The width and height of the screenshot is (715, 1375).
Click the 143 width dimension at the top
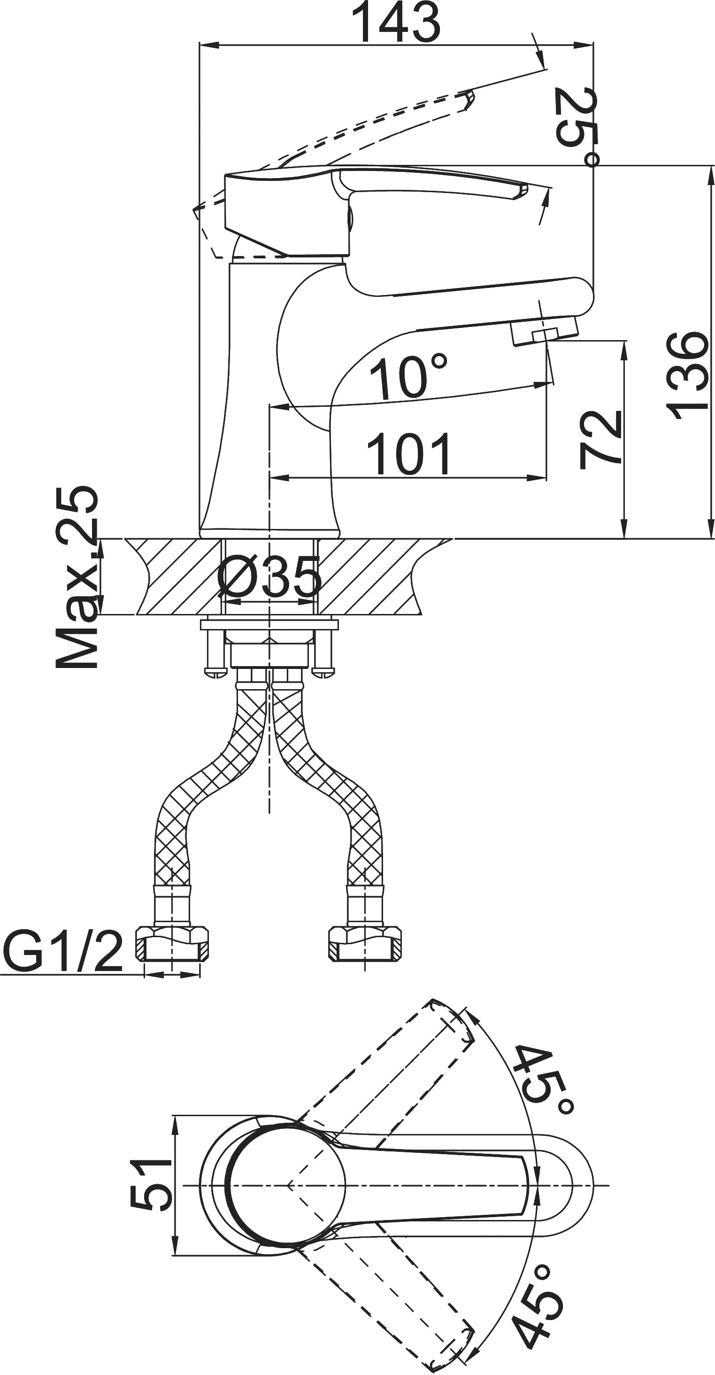[399, 23]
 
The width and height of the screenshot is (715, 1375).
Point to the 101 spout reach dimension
[409, 454]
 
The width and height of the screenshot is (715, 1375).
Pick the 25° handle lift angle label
[575, 126]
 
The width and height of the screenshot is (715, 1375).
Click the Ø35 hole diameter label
[270, 577]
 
